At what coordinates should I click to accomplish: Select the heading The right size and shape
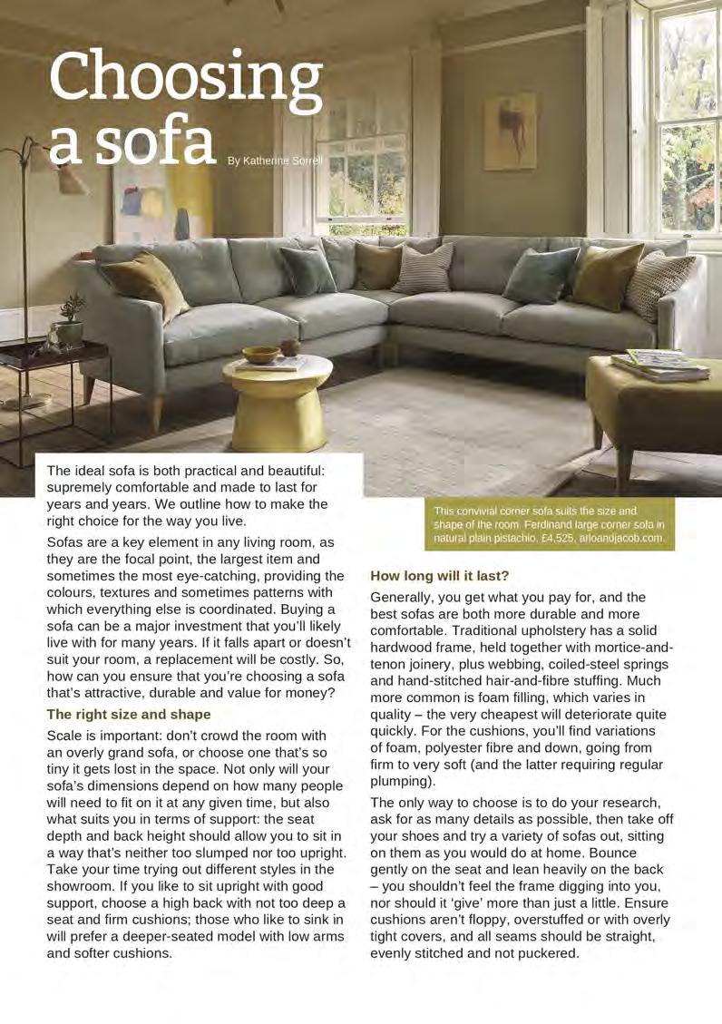(x=129, y=714)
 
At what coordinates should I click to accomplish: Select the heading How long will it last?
(x=440, y=575)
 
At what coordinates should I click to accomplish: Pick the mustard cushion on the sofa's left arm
(x=145, y=282)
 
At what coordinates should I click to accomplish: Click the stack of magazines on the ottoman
(x=660, y=365)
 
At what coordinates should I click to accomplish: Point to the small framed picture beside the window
(x=509, y=132)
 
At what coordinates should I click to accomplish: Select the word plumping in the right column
(x=403, y=781)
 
